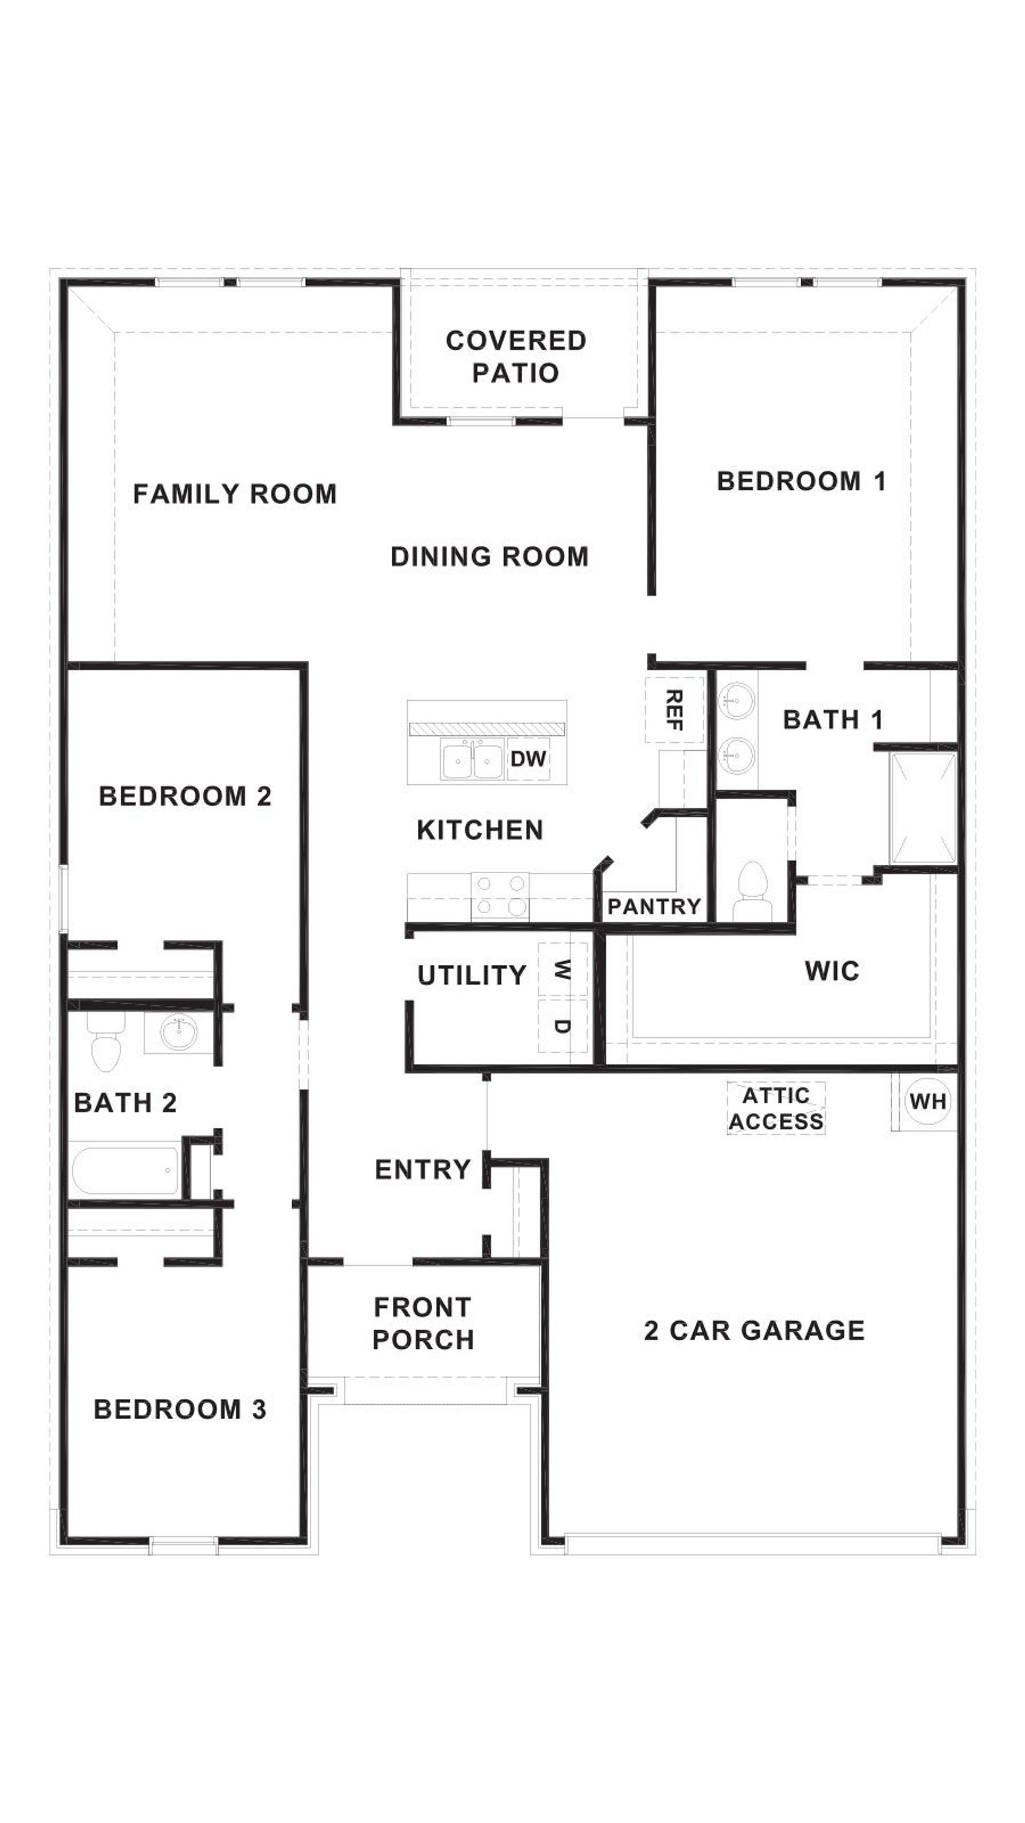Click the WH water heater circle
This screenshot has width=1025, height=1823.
(927, 1101)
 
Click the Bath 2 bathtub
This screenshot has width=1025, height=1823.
(125, 1171)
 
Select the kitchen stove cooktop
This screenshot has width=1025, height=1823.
(499, 895)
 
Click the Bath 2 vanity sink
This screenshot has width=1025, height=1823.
(180, 1032)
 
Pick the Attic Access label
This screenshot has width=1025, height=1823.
(776, 1108)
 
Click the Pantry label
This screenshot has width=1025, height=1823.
(654, 907)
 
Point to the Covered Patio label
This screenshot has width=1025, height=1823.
(516, 356)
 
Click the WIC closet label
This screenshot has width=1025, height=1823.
(832, 971)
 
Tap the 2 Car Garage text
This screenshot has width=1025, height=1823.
(754, 1330)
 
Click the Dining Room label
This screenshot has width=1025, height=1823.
(489, 557)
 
